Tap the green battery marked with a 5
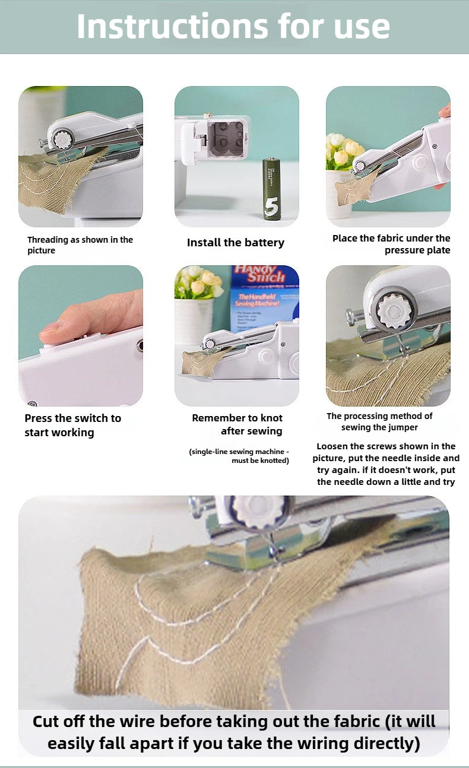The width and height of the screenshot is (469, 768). (271, 189)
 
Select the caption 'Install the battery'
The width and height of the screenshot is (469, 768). (236, 243)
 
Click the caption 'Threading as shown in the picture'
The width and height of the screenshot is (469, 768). (80, 245)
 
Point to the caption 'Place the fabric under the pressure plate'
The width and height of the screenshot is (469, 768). (391, 244)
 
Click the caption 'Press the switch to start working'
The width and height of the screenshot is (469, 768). (72, 426)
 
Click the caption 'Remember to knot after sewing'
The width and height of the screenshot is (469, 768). (237, 424)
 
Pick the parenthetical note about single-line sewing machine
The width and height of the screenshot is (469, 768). (239, 456)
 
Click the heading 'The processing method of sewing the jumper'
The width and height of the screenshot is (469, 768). (379, 421)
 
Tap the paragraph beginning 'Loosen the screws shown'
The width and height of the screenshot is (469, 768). (386, 464)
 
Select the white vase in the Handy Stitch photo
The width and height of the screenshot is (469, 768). (193, 320)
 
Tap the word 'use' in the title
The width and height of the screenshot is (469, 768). (360, 27)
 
